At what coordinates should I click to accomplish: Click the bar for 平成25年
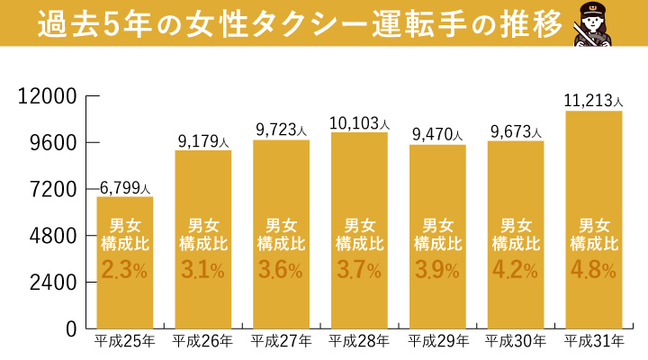(124, 261)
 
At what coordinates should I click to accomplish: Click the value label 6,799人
(124, 187)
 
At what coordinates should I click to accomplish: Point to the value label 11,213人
(594, 101)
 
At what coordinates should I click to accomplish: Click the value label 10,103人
(360, 123)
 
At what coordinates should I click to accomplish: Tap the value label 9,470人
(437, 135)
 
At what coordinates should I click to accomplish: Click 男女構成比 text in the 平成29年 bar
(437, 234)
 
